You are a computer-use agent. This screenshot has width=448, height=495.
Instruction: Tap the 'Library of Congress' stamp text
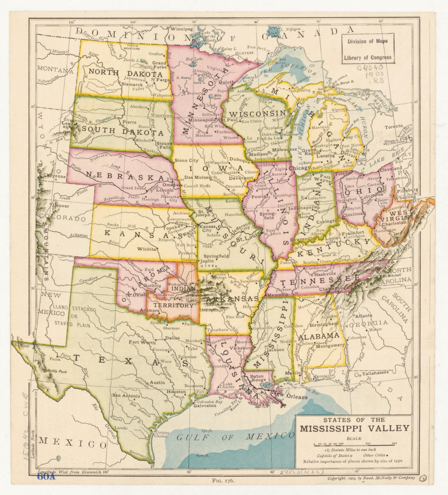(x=368, y=57)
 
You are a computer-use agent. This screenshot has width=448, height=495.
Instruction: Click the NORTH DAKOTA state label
(x=125, y=74)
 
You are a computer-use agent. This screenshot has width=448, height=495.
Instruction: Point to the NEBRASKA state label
(x=125, y=176)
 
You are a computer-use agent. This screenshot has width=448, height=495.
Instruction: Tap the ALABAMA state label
(x=319, y=336)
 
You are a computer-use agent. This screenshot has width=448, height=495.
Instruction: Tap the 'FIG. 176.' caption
(x=223, y=480)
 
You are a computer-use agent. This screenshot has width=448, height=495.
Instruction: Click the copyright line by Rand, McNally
(x=371, y=478)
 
